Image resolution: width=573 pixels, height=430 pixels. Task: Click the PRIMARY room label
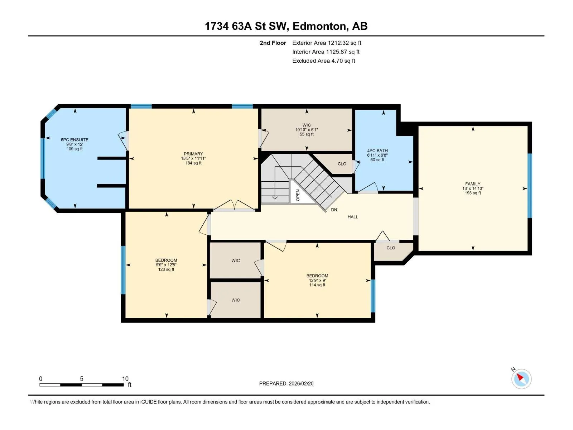pos(193,154)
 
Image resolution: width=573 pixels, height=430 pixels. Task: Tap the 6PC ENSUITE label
pos(74,140)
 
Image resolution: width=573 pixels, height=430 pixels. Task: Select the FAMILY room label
pos(472,184)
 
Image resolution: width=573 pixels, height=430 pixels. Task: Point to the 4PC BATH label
pos(377,150)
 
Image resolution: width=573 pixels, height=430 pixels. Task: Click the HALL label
pos(353,217)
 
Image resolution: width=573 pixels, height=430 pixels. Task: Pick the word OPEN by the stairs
pos(298,195)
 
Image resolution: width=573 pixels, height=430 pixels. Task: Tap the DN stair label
pos(334,210)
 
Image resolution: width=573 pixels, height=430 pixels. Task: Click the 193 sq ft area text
pos(473,193)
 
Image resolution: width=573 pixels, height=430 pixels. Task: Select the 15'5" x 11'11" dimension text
pos(193,158)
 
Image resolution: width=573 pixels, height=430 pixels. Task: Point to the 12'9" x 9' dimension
pos(317,281)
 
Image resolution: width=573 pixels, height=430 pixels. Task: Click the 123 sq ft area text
pos(166,269)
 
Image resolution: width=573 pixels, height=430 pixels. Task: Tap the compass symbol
pos(521,379)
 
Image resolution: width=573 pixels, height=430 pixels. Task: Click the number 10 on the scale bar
pos(125,378)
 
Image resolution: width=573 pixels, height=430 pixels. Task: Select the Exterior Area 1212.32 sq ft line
pos(327,43)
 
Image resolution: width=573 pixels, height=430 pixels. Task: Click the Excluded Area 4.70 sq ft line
pos(324,61)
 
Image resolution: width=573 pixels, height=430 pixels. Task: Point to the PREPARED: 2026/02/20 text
pos(286,383)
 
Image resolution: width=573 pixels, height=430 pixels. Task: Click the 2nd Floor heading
pos(273,43)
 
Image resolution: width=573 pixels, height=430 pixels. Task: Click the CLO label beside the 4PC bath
pos(342,164)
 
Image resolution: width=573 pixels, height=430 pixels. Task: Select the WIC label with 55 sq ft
pos(307,125)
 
